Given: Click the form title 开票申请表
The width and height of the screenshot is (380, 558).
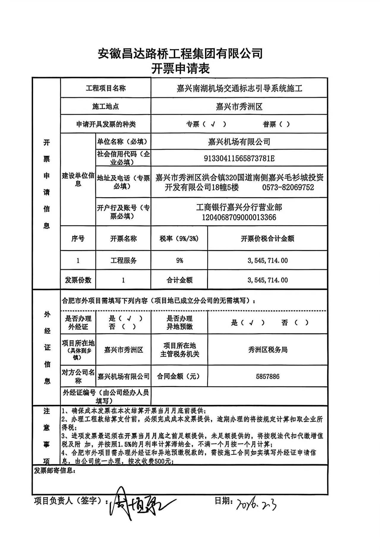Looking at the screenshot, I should (180, 69).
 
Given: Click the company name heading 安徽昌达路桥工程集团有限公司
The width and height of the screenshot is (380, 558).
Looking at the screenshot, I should (180, 53).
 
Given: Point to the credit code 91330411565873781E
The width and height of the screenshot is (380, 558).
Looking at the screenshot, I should (239, 158).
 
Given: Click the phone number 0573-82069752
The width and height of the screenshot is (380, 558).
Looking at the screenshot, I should (288, 187).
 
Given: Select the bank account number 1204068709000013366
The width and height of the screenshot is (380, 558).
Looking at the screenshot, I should (239, 217).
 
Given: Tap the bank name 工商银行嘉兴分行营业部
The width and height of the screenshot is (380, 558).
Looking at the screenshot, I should (239, 207).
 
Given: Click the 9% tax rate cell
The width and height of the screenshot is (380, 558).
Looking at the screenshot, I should (179, 261).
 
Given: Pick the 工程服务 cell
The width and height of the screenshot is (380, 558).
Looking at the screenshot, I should (123, 261).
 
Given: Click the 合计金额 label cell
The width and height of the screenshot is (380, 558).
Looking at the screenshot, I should (179, 280).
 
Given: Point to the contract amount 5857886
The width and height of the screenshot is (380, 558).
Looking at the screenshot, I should (267, 377).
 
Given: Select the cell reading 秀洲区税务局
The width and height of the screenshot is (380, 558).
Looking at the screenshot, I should (267, 350).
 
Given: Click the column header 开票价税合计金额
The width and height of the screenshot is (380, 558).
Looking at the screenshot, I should (267, 238).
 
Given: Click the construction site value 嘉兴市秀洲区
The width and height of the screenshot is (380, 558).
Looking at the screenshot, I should (239, 107).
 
